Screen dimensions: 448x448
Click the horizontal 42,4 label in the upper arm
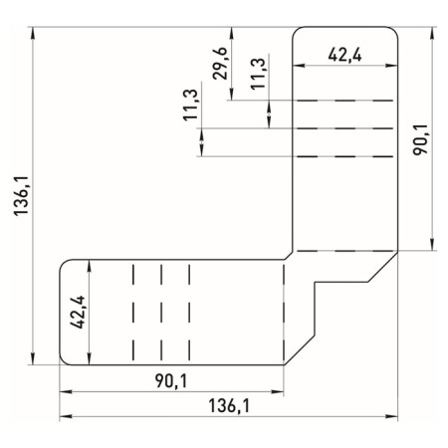point(343,56)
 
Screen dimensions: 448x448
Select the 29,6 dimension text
point(219,62)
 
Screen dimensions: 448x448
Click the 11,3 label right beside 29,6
point(258,75)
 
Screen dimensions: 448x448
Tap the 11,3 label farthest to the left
point(190,106)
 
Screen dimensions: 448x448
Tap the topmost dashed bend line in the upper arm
point(343,100)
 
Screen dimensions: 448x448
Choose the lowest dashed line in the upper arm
point(343,250)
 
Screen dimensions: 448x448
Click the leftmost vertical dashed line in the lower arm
point(132,312)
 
